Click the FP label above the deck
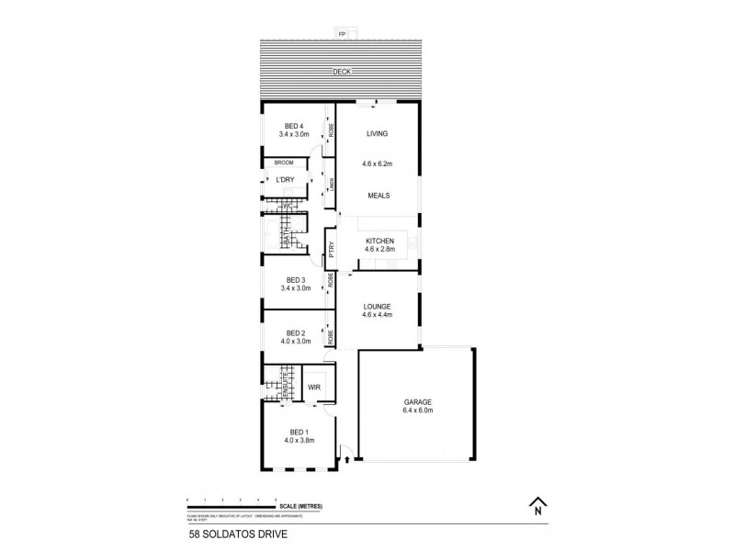tap(343, 34)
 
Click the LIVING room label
tap(377, 134)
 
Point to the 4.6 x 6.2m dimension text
tap(377, 164)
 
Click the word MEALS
tap(377, 195)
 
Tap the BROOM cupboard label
tap(283, 163)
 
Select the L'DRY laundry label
tap(286, 179)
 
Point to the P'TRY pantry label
tap(331, 247)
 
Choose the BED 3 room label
tap(294, 280)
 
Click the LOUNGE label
tap(377, 307)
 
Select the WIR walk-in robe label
tap(313, 388)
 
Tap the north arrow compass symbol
tap(537, 504)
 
